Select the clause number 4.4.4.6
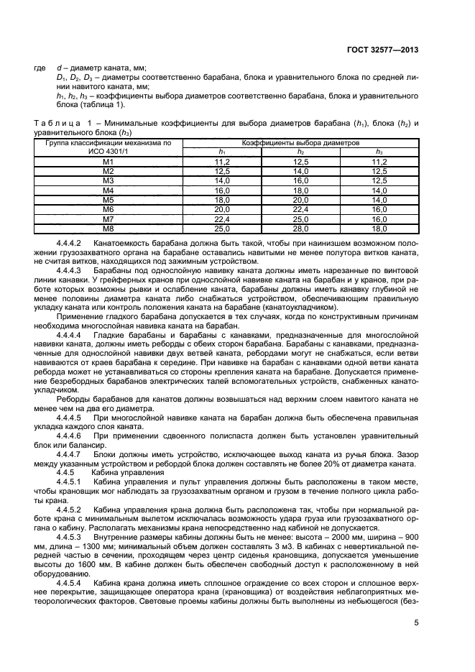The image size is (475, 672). click(69, 436)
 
